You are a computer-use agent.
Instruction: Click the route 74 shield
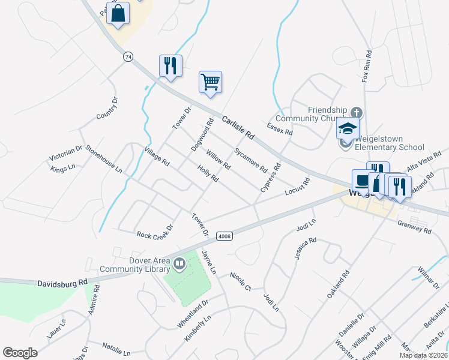point(128,56)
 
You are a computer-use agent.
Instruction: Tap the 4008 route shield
point(224,236)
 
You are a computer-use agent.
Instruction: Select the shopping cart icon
point(211,82)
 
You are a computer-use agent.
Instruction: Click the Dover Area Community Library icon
point(179,264)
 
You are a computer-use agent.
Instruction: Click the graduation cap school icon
point(348,128)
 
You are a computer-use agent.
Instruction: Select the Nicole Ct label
point(240,281)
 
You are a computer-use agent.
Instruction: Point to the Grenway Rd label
point(414,227)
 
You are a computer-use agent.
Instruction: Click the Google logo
point(20,353)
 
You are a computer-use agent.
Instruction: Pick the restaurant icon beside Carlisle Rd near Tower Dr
point(170,65)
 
